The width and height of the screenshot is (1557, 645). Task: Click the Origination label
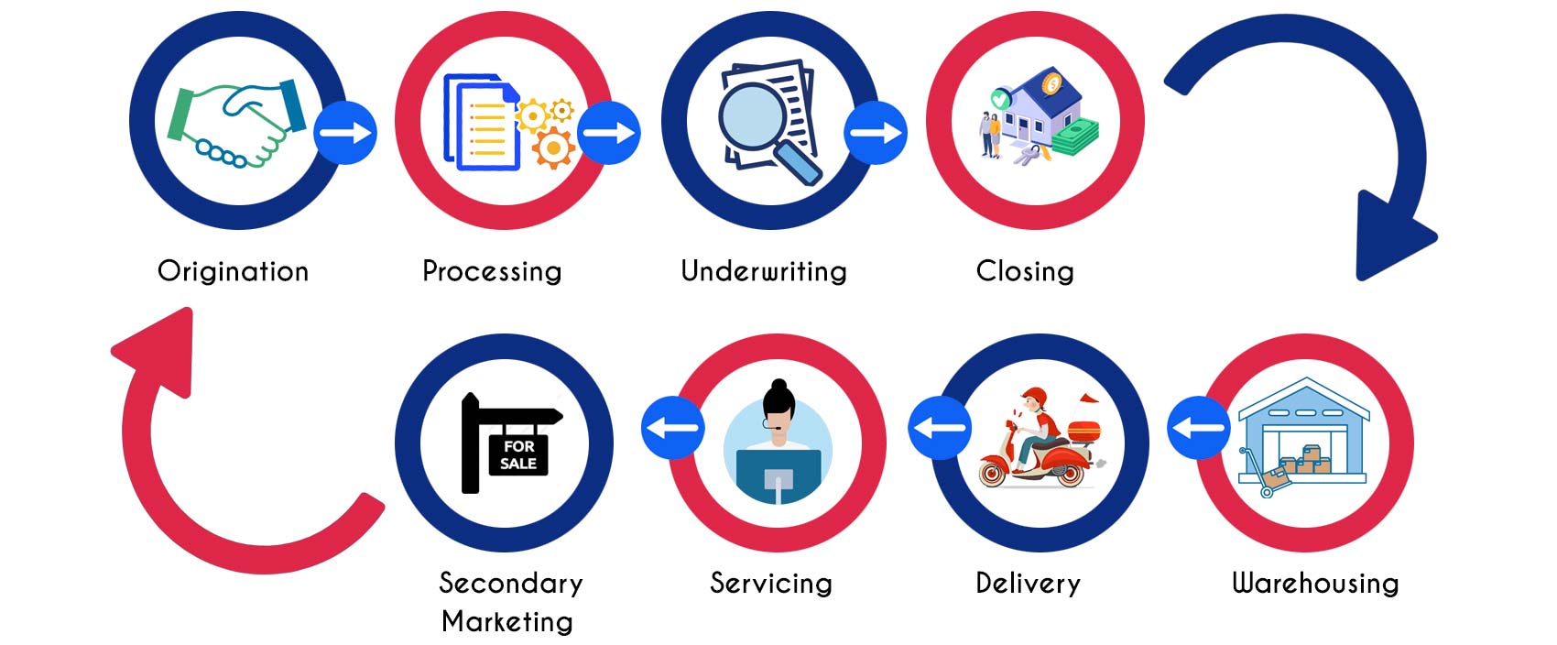(x=233, y=271)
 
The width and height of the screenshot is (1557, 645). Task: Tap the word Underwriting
(x=764, y=271)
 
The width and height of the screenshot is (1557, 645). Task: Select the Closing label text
(x=1025, y=271)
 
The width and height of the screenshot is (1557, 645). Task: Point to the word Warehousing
(x=1315, y=584)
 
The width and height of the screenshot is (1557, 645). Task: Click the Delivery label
(x=1028, y=584)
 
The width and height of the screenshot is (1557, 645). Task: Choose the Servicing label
(x=771, y=584)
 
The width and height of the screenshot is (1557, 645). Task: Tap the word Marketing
(x=507, y=622)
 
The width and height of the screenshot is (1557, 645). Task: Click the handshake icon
(x=237, y=124)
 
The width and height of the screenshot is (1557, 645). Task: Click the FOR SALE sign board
(x=518, y=454)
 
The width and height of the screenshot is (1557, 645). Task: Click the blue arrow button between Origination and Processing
(x=345, y=133)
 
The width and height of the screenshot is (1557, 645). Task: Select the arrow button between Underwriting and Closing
(x=876, y=133)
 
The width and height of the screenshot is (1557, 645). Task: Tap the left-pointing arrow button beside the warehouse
(x=1199, y=428)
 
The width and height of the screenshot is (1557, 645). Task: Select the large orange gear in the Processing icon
(x=553, y=148)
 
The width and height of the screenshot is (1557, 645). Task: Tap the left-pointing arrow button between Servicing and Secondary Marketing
(x=673, y=428)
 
